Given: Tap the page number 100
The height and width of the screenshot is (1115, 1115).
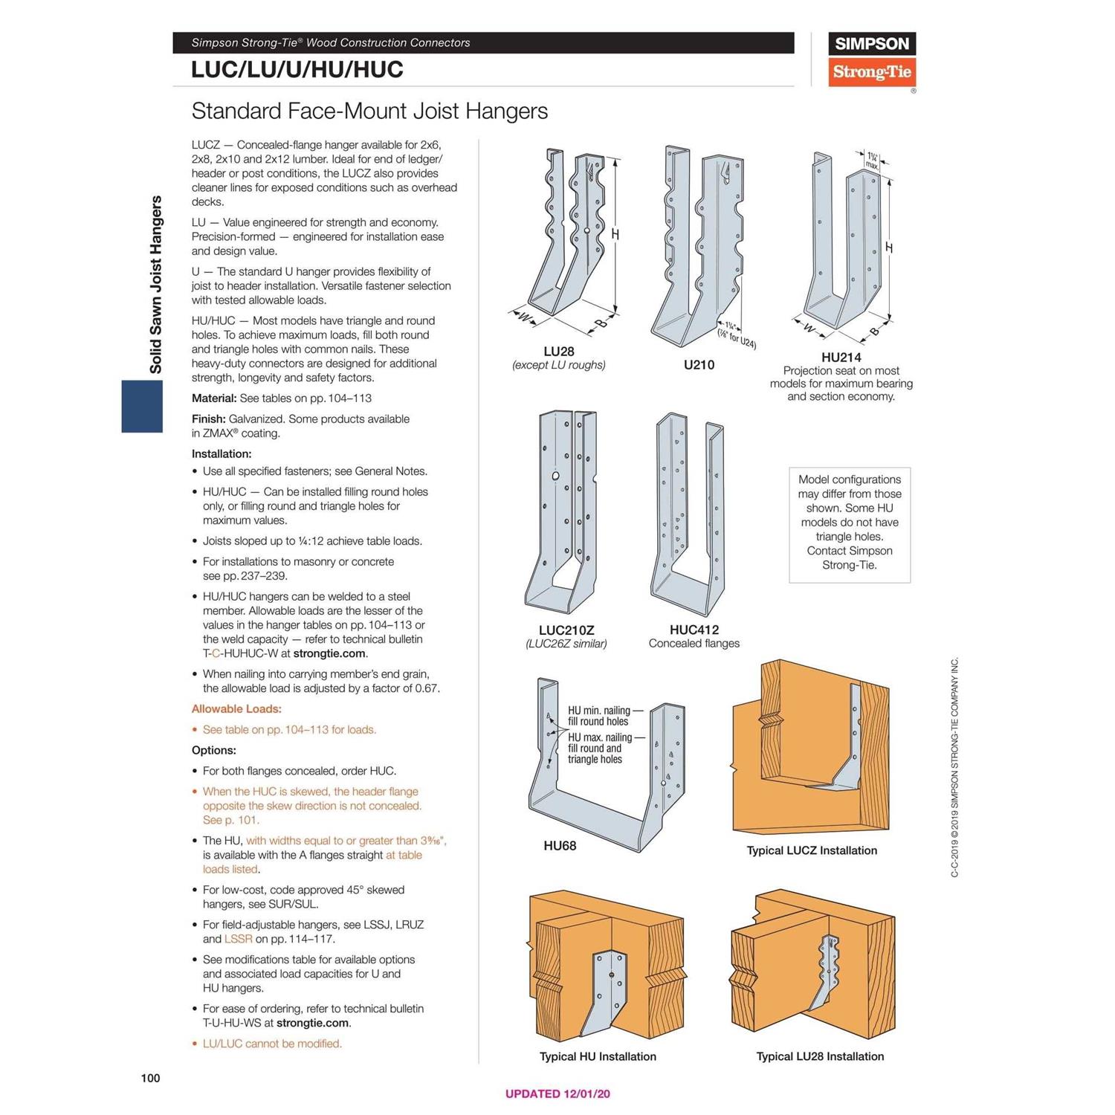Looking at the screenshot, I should pos(150,1078).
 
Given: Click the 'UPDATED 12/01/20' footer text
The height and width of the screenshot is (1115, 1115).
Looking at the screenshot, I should pos(557,1093).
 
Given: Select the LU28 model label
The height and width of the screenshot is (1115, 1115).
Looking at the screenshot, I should pos(559,351).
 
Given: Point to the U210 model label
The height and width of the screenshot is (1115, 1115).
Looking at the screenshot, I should pos(699,364).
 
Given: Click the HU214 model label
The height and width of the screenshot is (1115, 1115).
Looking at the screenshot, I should pos(841,357).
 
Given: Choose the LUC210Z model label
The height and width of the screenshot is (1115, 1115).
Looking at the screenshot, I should pos(566,630).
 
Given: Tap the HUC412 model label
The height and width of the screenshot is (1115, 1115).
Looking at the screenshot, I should pos(694,630).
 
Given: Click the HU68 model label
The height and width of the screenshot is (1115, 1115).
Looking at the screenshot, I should pos(560,845).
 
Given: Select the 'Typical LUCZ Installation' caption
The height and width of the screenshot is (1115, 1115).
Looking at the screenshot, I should pos(812,850).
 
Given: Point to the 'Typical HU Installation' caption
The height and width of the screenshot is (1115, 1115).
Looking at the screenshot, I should pos(598,1056).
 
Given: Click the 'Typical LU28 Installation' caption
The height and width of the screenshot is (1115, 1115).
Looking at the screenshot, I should pos(820,1056).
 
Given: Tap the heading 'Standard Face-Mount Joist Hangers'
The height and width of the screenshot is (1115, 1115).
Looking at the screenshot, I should pos(369,111).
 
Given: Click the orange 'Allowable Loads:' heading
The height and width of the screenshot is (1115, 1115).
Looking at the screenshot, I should pos(236,709).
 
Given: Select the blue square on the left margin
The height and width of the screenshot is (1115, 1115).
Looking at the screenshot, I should pos(142,406).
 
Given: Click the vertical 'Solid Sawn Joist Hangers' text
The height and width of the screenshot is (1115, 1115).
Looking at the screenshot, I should pos(156,284).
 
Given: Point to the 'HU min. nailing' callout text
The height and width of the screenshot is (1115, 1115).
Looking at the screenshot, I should pos(599,711).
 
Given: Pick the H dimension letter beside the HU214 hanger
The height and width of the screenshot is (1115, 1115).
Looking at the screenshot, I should pos(889,248).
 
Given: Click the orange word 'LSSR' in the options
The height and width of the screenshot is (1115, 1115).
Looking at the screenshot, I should pos(238,939).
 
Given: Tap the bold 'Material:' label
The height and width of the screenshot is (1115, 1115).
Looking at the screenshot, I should pos(214,398).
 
